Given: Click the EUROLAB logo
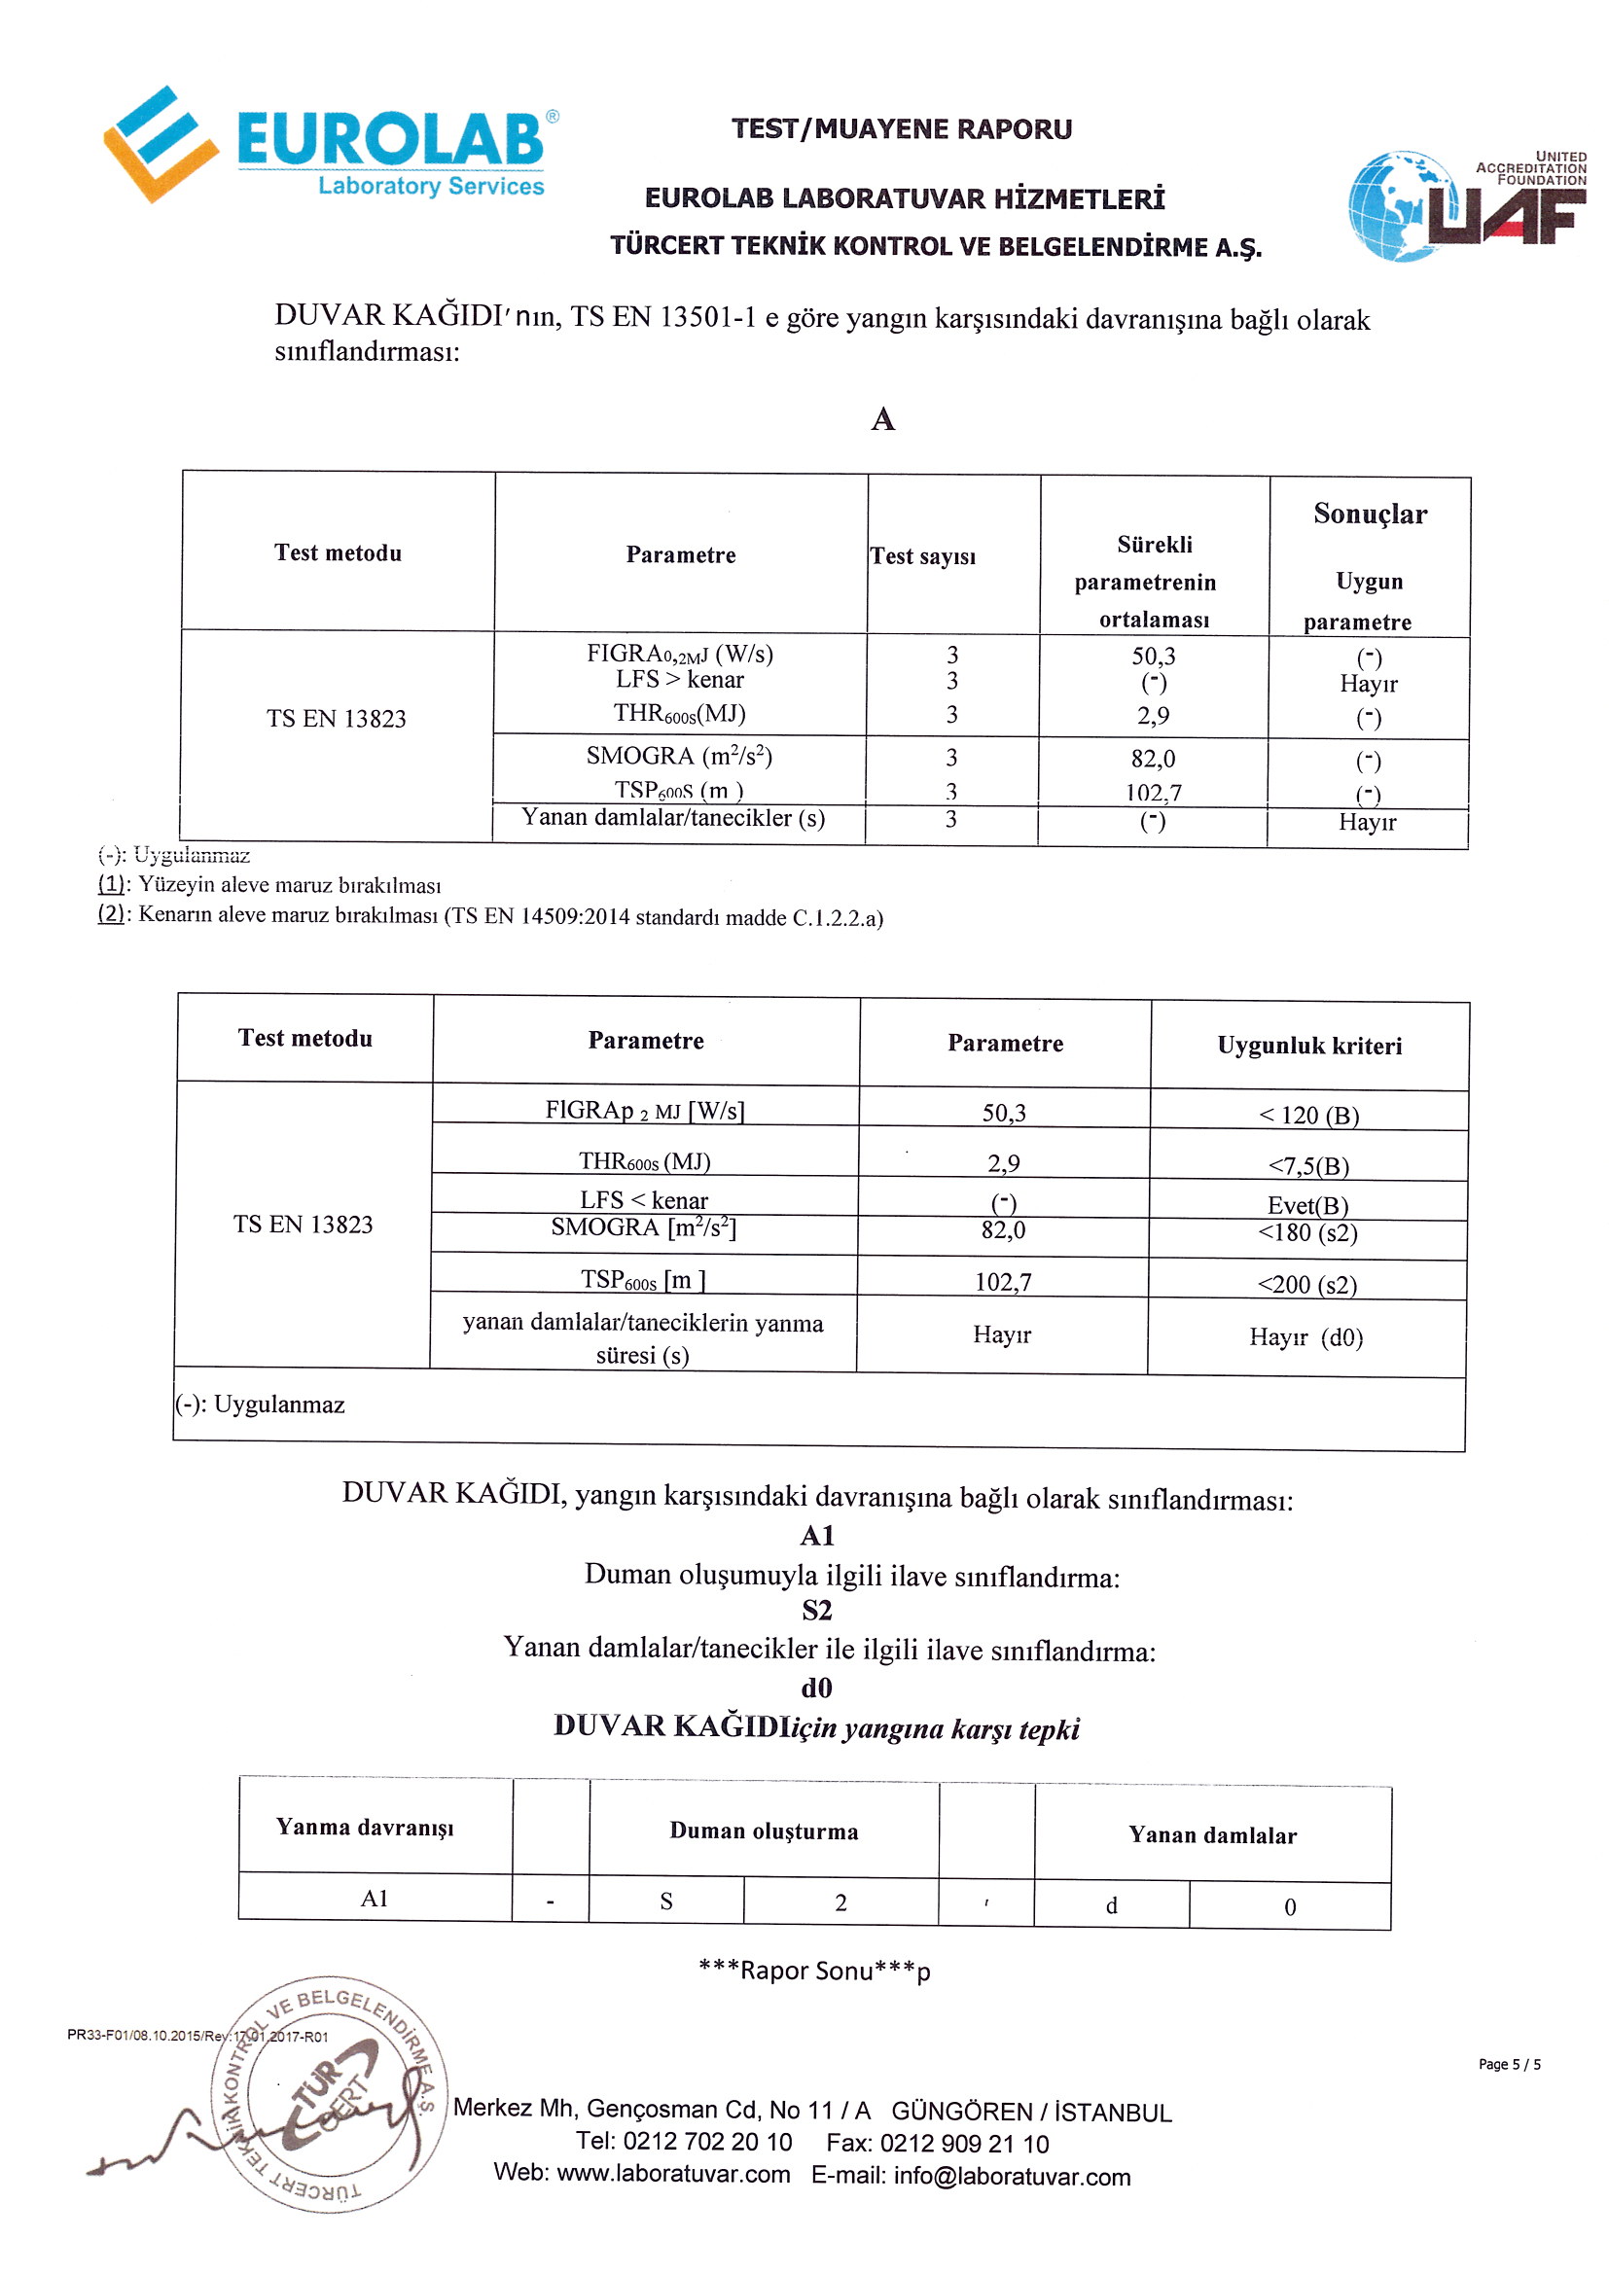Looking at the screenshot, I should [332, 144].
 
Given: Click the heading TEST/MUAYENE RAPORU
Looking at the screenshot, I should [902, 128].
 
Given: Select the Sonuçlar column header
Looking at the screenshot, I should [1371, 515].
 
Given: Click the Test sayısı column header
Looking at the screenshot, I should [922, 556].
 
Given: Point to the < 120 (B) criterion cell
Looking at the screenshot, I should [1308, 1115].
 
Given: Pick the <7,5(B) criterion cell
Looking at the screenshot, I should [1308, 1165].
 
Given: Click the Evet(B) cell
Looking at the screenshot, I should [1307, 1205].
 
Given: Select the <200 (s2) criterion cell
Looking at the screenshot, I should [1307, 1284].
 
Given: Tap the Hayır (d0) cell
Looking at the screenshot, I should [1305, 1337].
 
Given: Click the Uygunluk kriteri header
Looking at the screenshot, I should [1309, 1046].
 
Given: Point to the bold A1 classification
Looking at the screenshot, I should [817, 1536].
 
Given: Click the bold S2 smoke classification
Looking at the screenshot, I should [817, 1610].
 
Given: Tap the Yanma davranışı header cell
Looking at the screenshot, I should [365, 1827].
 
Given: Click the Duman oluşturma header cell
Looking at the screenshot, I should [764, 1831].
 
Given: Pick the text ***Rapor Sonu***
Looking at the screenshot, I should [814, 1971].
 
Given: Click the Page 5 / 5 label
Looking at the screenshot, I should [1509, 2064].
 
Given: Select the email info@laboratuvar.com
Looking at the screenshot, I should [1012, 2177].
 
